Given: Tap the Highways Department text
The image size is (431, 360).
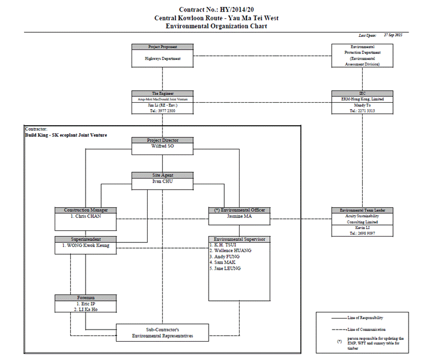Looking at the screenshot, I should pyautogui.click(x=163, y=59).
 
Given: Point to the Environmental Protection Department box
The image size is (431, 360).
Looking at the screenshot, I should pyautogui.click(x=362, y=55).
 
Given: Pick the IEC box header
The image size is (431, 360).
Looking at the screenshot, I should pyautogui.click(x=362, y=93).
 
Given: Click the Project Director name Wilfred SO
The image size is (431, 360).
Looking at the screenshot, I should pyautogui.click(x=163, y=146).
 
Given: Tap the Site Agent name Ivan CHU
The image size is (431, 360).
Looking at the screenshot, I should pyautogui.click(x=163, y=181).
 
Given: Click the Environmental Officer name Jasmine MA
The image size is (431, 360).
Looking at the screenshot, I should pyautogui.click(x=238, y=217).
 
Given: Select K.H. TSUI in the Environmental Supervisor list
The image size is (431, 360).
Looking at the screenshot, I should pyautogui.click(x=224, y=245).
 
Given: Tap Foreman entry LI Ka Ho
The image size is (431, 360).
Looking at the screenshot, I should pyautogui.click(x=86, y=309).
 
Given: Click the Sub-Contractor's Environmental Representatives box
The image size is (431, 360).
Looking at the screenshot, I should pyautogui.click(x=162, y=332).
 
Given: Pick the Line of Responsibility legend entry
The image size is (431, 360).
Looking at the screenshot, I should pyautogui.click(x=365, y=318).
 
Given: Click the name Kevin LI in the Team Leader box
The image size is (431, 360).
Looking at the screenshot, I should pyautogui.click(x=362, y=228).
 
